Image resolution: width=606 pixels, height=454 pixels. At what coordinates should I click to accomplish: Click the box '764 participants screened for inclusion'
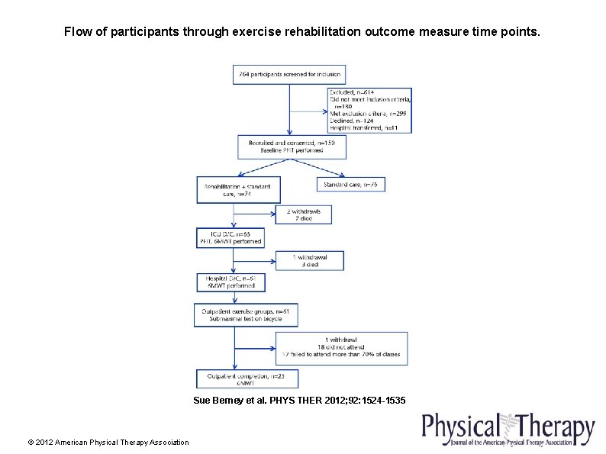click(x=288, y=75)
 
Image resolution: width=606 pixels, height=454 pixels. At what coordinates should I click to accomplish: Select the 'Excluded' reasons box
click(x=369, y=110)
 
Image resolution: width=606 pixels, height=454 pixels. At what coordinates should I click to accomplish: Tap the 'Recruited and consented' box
click(x=285, y=147)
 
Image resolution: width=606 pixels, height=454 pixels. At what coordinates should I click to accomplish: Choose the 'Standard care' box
click(x=351, y=184)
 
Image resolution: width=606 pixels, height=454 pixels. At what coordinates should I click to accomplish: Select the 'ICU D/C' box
click(x=230, y=237)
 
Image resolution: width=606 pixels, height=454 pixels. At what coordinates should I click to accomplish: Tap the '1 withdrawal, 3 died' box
click(x=311, y=261)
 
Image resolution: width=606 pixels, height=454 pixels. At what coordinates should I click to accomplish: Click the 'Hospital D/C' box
click(x=230, y=282)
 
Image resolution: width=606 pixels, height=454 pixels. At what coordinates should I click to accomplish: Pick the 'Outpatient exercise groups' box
click(x=246, y=315)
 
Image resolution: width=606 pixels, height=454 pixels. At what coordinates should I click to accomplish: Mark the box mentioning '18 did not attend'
click(x=341, y=348)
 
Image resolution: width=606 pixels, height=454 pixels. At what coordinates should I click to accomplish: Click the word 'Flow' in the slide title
click(x=77, y=32)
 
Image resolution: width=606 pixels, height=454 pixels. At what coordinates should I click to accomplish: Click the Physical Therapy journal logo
click(x=508, y=430)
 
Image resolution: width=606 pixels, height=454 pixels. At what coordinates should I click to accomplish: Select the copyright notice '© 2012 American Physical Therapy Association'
click(x=108, y=443)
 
